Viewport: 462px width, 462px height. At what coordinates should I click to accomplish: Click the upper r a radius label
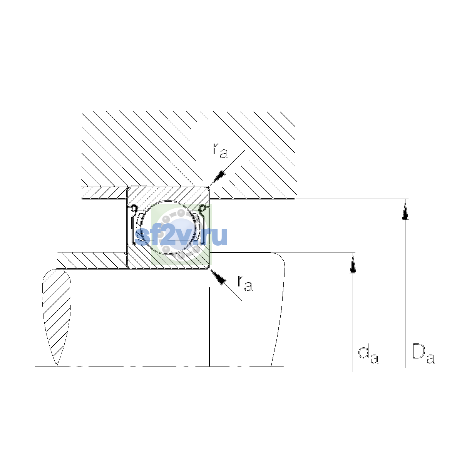click(220, 151)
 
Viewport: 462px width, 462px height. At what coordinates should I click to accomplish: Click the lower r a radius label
click(245, 283)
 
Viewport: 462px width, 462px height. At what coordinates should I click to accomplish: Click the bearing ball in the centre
click(168, 227)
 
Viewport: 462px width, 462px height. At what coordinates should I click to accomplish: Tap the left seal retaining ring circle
click(134, 208)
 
